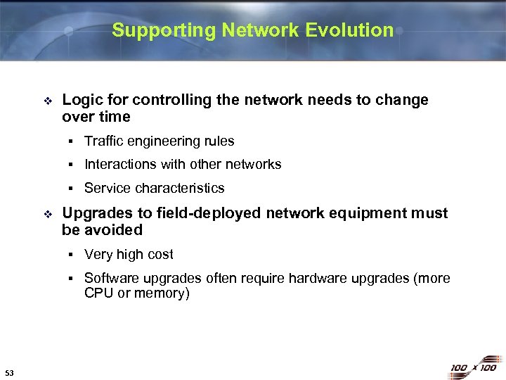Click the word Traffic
pyautogui.click(x=103, y=141)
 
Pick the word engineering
pyautogui.click(x=164, y=141)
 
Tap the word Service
pyautogui.click(x=108, y=188)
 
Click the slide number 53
pyautogui.click(x=8, y=372)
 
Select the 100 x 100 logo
pyautogui.click(x=472, y=367)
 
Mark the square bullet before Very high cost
pyautogui.click(x=72, y=255)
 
